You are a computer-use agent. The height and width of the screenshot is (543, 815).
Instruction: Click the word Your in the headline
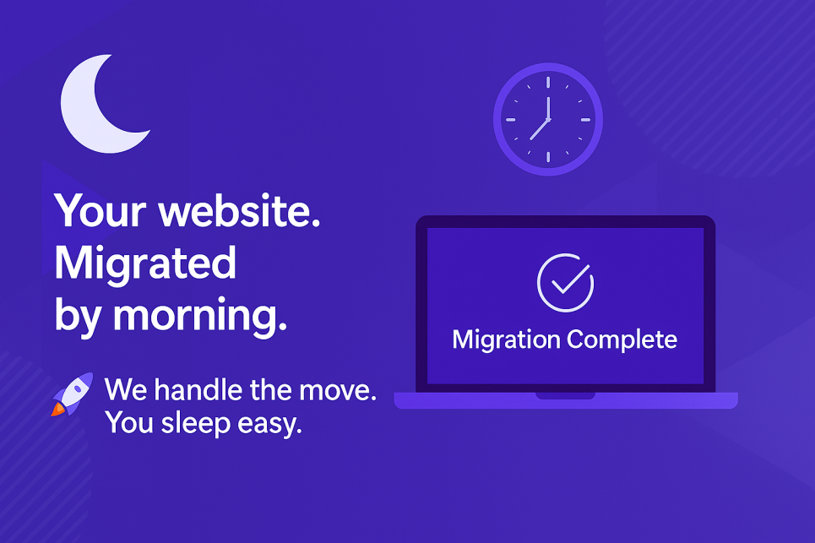point(100,211)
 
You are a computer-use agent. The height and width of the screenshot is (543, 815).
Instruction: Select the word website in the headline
point(240,211)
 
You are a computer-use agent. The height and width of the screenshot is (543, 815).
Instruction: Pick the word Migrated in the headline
point(144,264)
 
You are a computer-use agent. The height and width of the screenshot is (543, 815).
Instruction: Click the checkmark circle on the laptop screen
point(565,283)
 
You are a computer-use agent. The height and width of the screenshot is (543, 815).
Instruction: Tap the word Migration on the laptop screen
point(506,339)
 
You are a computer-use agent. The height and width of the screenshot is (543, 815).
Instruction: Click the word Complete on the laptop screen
point(622,340)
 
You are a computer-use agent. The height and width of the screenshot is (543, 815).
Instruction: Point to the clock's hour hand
point(540,129)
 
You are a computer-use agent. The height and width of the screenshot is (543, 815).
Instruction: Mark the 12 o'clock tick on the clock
point(548,82)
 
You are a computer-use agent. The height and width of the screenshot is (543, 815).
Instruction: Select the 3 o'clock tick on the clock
point(585,119)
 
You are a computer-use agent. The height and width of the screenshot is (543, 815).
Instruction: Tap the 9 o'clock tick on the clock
point(511,119)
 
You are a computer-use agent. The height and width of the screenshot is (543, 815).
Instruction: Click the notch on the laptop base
point(565,394)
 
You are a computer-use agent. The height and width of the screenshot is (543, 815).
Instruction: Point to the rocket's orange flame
point(57,410)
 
